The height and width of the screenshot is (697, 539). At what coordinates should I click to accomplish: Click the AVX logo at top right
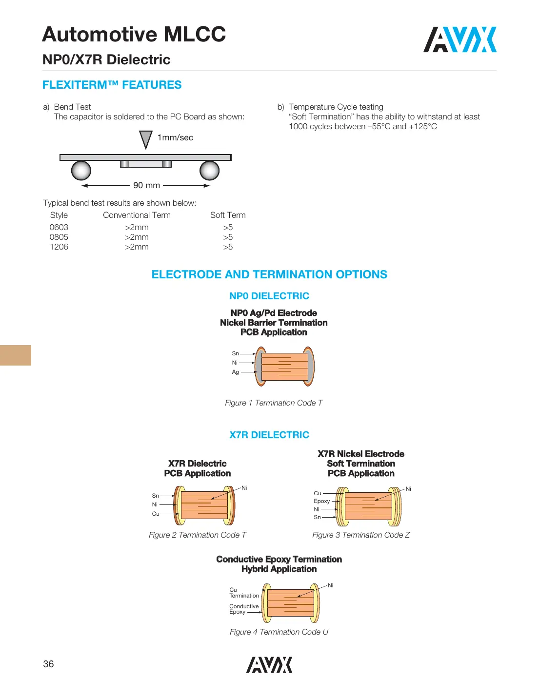(x=459, y=39)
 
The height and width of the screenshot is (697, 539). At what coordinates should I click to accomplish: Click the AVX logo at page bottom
(x=269, y=665)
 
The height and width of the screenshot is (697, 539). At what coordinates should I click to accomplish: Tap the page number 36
(x=48, y=664)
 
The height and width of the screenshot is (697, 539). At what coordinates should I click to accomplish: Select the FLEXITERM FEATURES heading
(x=112, y=85)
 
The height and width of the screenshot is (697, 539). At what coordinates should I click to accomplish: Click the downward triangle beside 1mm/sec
(x=145, y=139)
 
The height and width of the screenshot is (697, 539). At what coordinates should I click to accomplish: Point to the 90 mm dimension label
(x=146, y=185)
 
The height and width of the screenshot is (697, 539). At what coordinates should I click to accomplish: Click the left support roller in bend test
(x=81, y=171)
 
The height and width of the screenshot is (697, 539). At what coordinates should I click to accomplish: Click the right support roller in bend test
(x=209, y=171)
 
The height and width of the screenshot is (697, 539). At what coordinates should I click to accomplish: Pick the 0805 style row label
(x=59, y=237)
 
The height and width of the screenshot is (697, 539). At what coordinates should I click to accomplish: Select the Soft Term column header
(x=228, y=215)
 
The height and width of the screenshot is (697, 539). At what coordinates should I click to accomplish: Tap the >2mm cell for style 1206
(x=137, y=247)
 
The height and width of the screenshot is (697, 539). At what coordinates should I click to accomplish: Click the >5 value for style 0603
(x=228, y=227)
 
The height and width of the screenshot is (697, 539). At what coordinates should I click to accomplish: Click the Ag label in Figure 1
(x=236, y=372)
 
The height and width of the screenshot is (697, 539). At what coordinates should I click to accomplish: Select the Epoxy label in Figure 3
(x=321, y=501)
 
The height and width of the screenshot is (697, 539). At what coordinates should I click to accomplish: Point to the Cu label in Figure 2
(x=156, y=514)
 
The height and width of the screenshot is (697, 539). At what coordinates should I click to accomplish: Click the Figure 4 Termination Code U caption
(x=279, y=632)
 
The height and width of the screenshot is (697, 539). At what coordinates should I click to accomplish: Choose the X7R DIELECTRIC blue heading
(x=269, y=435)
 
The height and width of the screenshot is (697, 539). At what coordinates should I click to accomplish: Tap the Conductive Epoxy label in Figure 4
(x=244, y=609)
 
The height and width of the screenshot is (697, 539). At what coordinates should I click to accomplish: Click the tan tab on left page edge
(x=16, y=355)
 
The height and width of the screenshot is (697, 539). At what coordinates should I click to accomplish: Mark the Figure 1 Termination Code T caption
(x=274, y=403)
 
